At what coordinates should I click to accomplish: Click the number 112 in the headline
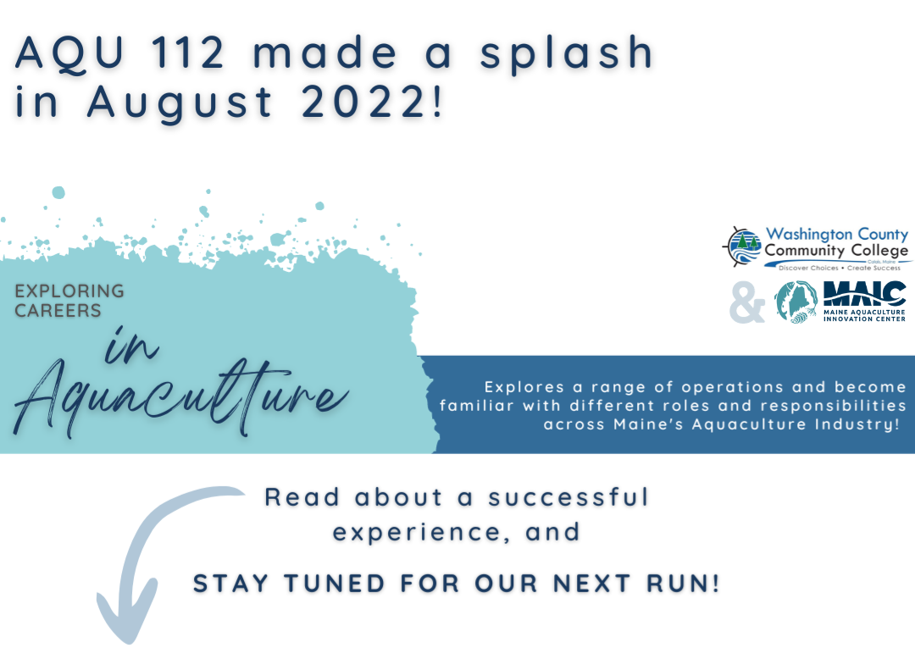[188, 52]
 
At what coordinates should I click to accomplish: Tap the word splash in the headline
[566, 54]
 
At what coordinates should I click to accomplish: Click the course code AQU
[70, 53]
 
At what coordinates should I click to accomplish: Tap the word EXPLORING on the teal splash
[69, 291]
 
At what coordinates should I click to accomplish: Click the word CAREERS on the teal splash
[58, 310]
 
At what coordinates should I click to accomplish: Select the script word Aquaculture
[181, 396]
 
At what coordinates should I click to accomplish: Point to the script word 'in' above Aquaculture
[132, 345]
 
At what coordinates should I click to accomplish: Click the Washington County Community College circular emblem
[741, 247]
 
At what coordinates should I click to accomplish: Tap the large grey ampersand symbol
[747, 302]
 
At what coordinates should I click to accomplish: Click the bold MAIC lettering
[864, 293]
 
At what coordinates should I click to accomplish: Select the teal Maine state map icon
[796, 302]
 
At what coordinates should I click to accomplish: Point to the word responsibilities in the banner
[834, 406]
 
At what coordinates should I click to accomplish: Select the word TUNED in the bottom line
[335, 584]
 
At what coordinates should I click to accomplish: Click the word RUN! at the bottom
[683, 584]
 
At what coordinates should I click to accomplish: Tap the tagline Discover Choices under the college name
[808, 268]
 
